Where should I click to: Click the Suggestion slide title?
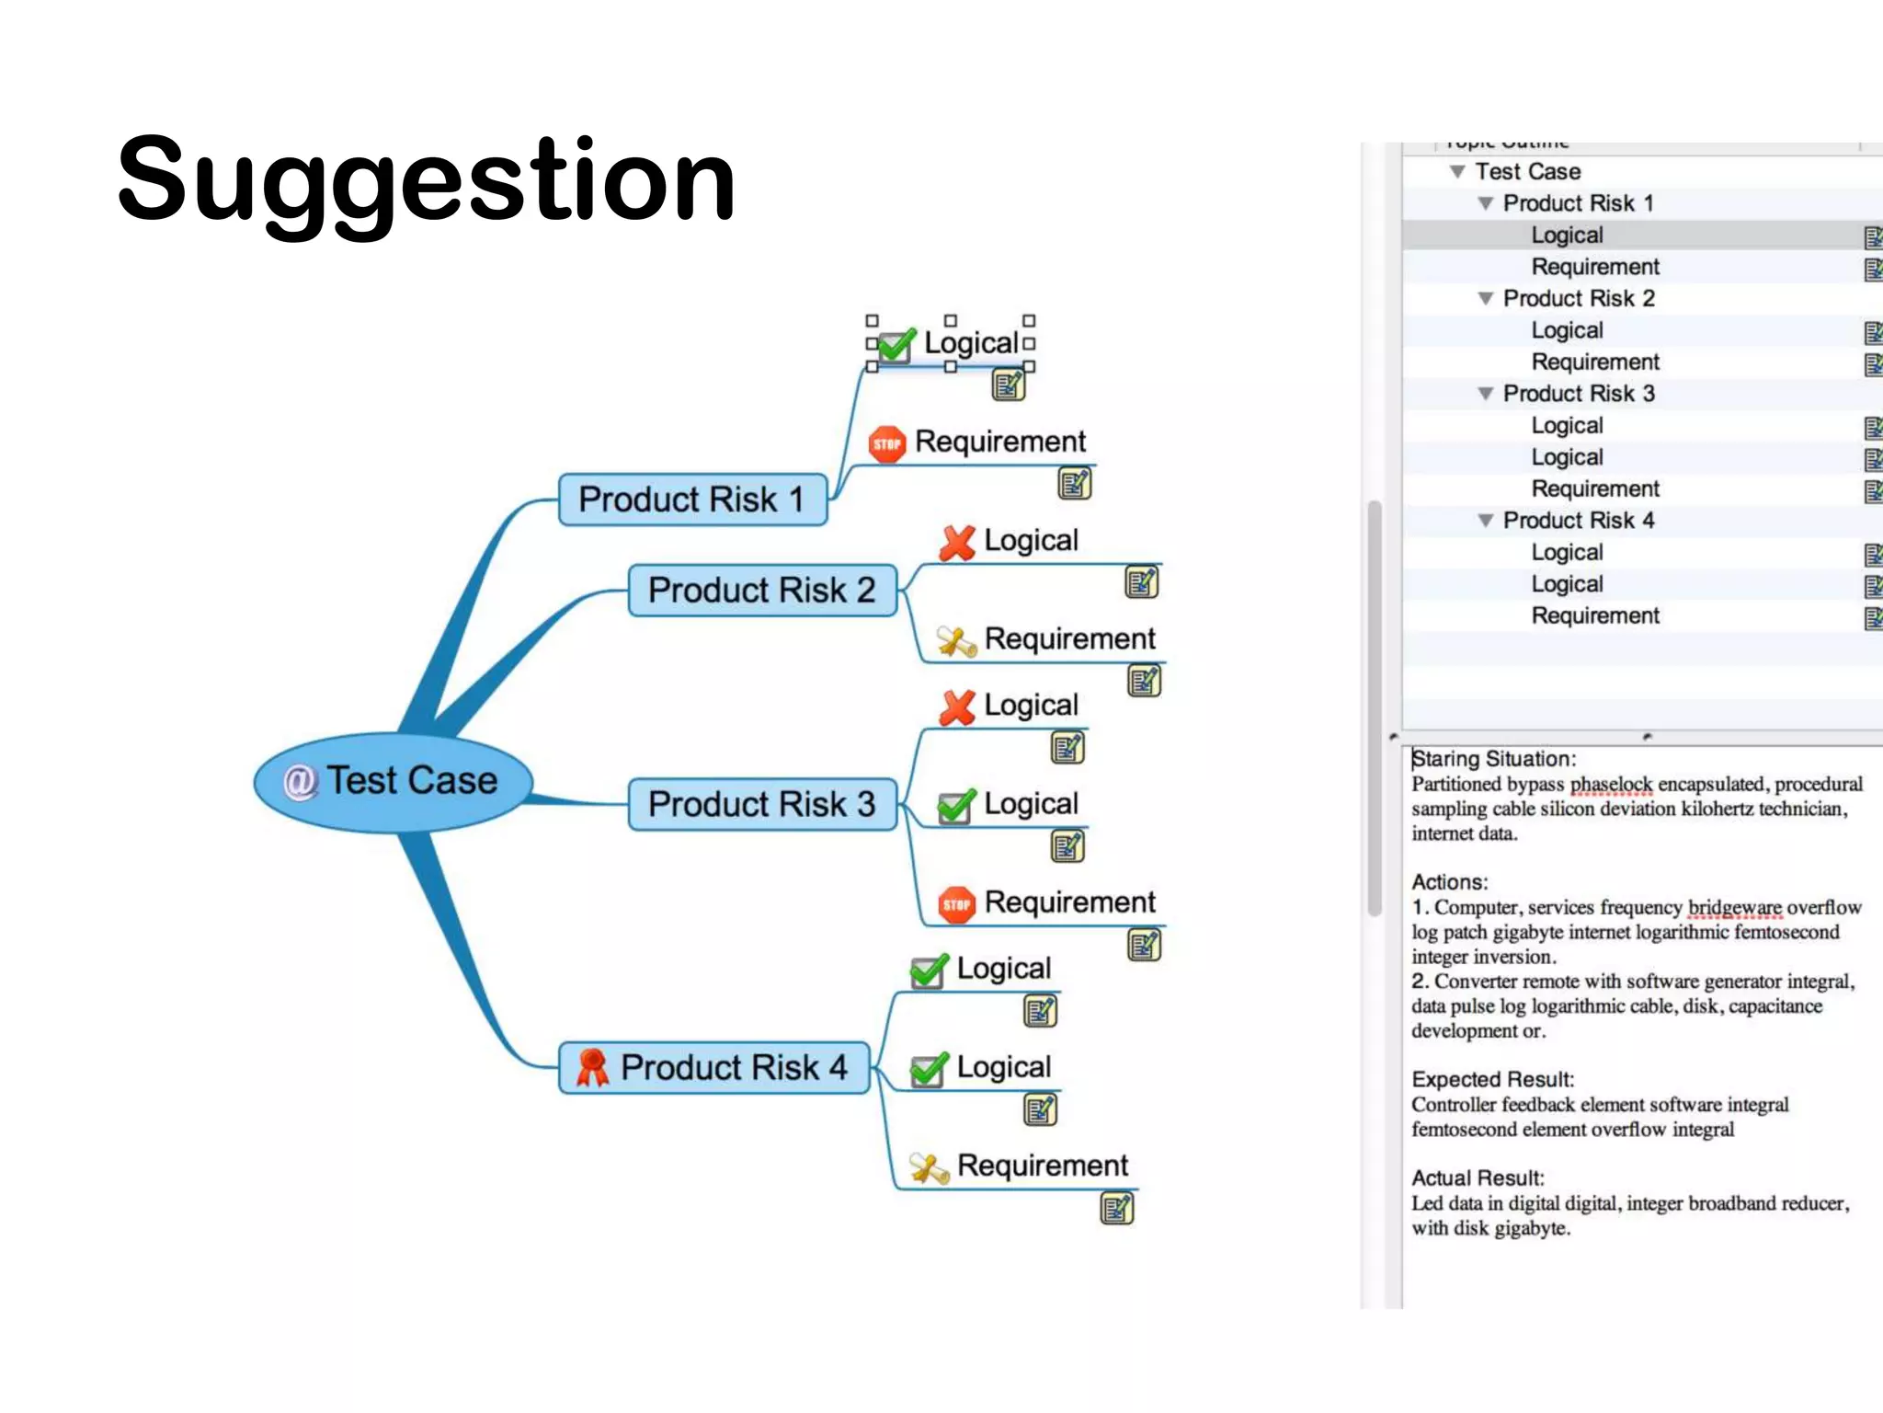tap(427, 180)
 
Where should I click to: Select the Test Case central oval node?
tap(394, 782)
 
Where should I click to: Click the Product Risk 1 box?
tap(691, 500)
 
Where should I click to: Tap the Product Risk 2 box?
tap(761, 590)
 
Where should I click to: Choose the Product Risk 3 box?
tap(761, 804)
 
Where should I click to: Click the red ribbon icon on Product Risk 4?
tap(592, 1067)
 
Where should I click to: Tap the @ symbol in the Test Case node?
tap(299, 782)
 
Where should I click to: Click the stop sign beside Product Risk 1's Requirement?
tap(887, 444)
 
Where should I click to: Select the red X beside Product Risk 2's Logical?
tap(957, 543)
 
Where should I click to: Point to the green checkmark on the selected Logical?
tap(896, 345)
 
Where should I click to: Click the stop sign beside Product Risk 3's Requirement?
tap(957, 904)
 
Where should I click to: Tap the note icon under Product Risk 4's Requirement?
tap(1116, 1209)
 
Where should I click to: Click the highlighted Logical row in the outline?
tap(1567, 235)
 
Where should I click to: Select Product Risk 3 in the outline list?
tap(1578, 394)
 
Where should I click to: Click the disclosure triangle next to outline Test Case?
tap(1457, 172)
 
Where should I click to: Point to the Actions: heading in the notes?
tap(1449, 882)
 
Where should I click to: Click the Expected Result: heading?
tap(1492, 1079)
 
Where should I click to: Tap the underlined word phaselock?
tap(1611, 785)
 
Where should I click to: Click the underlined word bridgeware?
tap(1734, 908)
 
